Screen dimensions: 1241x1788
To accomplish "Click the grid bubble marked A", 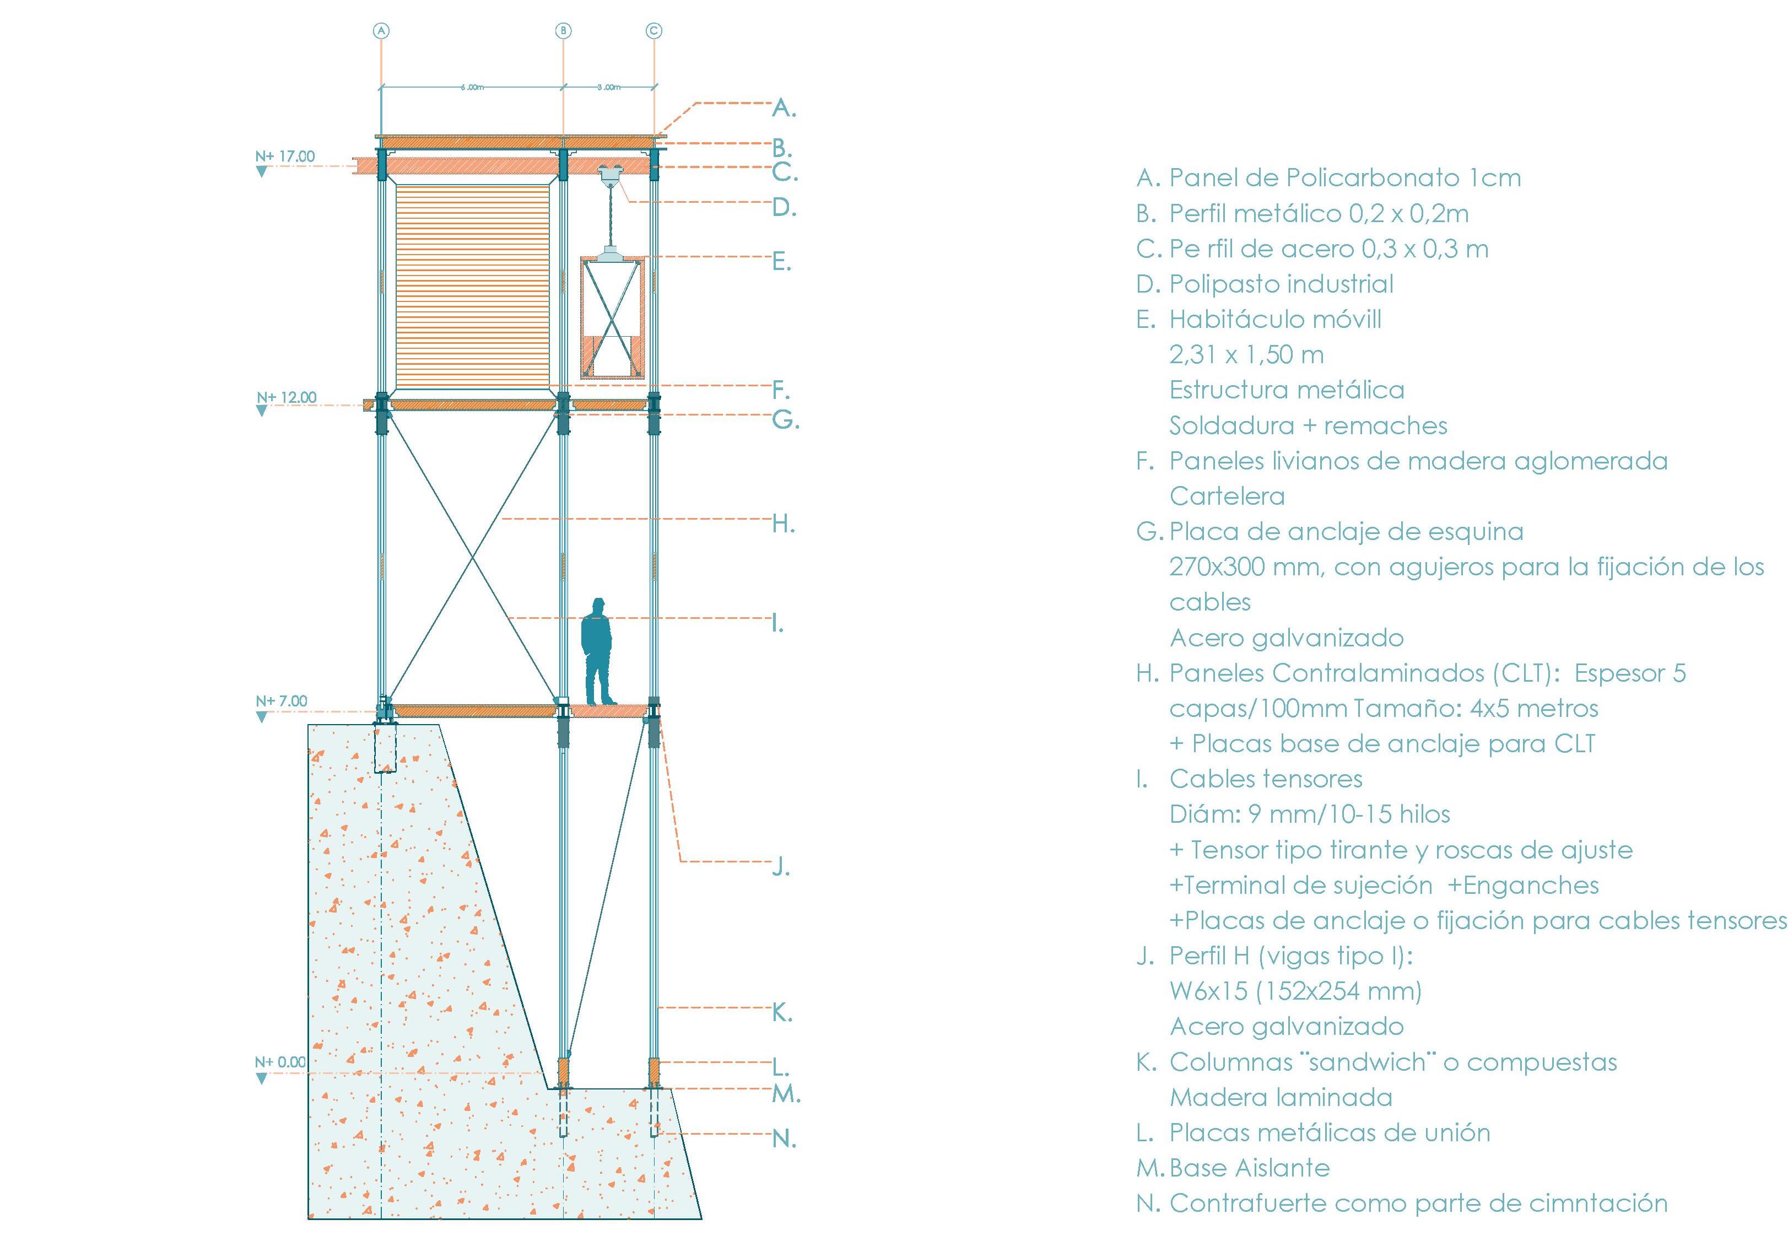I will click(381, 31).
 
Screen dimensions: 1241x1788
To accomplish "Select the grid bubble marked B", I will click(563, 31).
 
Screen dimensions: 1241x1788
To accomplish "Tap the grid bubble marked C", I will click(654, 31).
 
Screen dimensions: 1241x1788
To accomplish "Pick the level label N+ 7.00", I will click(282, 700).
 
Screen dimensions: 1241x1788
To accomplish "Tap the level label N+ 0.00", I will click(280, 1062).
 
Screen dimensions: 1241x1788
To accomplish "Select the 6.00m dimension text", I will click(471, 87).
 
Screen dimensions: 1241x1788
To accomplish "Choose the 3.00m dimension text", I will click(609, 87).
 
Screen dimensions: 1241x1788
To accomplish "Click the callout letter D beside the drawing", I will click(784, 208).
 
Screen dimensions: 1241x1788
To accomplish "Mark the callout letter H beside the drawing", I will click(783, 524).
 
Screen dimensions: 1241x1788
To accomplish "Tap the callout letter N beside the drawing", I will click(784, 1139).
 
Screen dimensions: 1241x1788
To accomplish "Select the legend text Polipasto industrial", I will click(1281, 284).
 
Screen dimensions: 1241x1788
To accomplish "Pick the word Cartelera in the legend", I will click(1227, 496).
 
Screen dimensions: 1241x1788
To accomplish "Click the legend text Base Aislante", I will click(1249, 1168).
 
